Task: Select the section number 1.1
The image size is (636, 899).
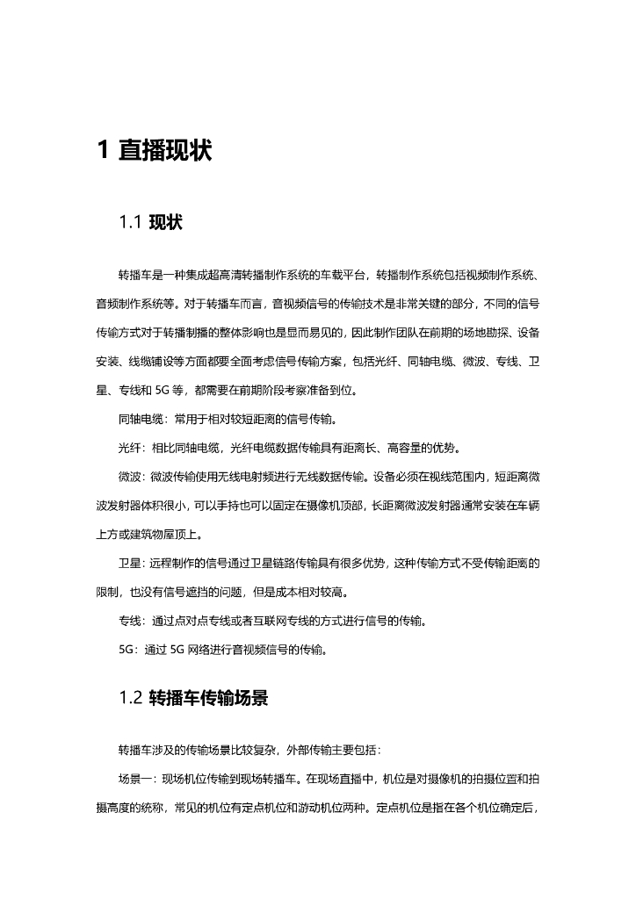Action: [130, 223]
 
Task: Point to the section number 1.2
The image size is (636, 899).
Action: [130, 699]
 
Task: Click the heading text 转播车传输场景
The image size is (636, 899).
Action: [207, 699]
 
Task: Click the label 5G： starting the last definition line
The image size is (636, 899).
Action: [130, 650]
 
